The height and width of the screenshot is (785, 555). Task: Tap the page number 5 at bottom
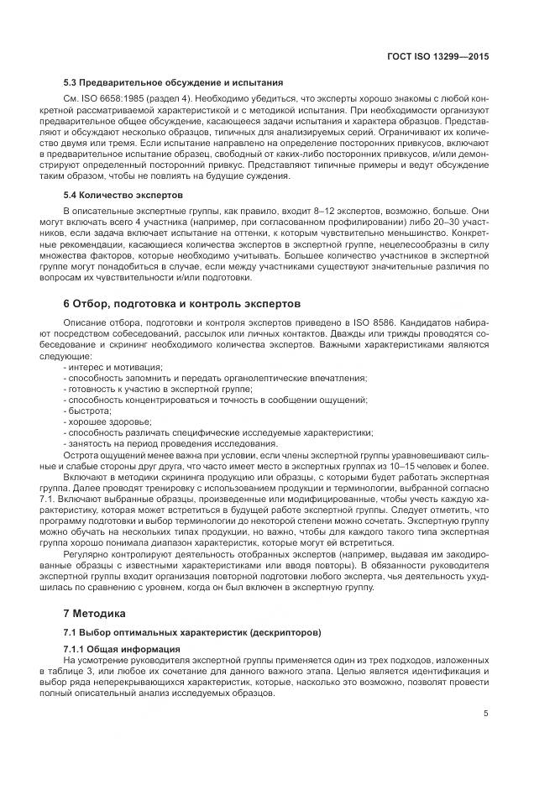[486, 714]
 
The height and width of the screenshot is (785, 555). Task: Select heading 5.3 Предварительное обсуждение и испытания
[173, 82]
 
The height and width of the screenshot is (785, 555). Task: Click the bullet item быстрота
[89, 411]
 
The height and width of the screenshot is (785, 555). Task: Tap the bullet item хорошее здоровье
[103, 422]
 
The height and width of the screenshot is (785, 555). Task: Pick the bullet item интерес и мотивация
[115, 368]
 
